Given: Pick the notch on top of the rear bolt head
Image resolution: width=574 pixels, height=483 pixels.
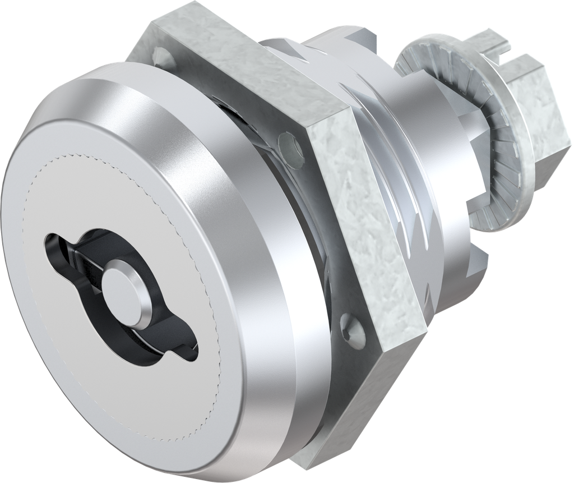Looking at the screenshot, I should tap(507, 56).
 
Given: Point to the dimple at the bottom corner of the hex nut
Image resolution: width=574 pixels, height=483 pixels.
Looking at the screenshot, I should tap(353, 334).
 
